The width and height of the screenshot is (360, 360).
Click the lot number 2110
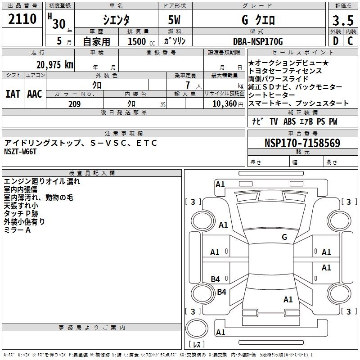22,19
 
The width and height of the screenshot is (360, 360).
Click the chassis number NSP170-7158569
302,144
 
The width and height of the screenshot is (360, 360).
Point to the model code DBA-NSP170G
258,41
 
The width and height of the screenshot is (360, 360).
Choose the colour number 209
74,104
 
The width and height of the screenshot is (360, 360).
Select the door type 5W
175,20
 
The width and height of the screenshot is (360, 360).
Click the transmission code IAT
13,94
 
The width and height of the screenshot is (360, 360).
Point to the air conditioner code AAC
35,94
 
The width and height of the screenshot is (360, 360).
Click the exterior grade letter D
335,41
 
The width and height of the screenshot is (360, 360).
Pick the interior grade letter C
350,41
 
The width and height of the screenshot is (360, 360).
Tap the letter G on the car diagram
284,237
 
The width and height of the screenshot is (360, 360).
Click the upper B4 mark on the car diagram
216,279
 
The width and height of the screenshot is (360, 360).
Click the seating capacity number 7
187,85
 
